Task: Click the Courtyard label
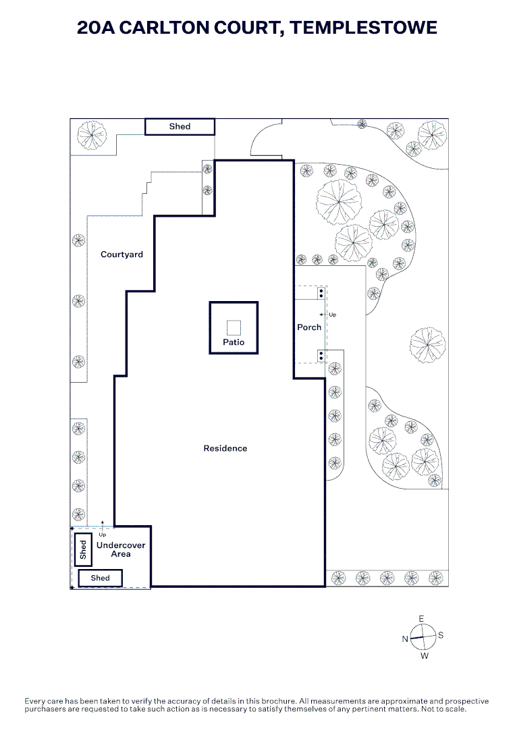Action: tap(121, 254)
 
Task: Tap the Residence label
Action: tap(225, 448)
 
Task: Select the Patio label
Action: tap(234, 342)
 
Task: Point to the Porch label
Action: tap(309, 327)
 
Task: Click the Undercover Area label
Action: tap(121, 549)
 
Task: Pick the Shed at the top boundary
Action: tap(180, 126)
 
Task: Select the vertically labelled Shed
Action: tap(83, 549)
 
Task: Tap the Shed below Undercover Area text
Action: tap(101, 578)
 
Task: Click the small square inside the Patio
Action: tap(234, 328)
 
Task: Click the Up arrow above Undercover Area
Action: tap(103, 526)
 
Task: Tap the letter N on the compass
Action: tap(405, 639)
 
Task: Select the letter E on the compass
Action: tap(422, 619)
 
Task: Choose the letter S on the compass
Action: tap(441, 635)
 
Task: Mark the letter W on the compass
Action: tap(425, 656)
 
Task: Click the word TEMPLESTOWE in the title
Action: tap(364, 28)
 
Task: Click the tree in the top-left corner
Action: tap(92, 135)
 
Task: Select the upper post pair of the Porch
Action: tap(321, 294)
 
